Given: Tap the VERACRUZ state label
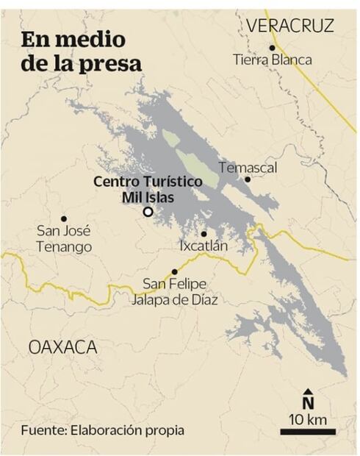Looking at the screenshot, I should pos(289,26).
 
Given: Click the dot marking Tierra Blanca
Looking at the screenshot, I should pos(272,47).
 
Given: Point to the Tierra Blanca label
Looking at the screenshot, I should pos(272,60).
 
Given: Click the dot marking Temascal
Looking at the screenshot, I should pos(248,179).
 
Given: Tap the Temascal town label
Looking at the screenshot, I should pos(248,168).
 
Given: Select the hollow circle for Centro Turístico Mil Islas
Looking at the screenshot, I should pos(148,212).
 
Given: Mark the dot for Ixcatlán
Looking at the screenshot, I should pos(204,234).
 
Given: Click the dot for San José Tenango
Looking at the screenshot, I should pos(64,218).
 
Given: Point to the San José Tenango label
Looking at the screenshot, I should pos(64,239).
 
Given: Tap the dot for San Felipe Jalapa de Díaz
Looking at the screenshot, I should pos(174,272).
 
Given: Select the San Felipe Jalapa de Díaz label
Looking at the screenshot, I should pos(174,291).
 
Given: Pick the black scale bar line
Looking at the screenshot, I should pos(308,432).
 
